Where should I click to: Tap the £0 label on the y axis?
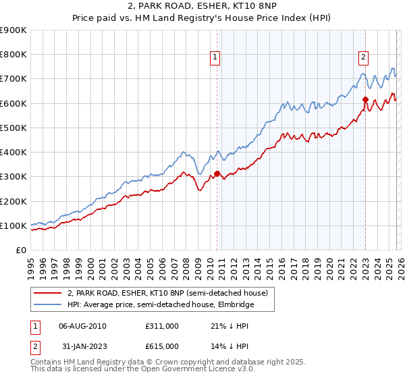click(20, 250)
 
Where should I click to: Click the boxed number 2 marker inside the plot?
click(363, 57)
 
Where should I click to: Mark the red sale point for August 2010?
click(217, 173)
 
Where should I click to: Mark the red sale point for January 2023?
click(365, 100)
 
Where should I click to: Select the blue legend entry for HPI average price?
click(162, 305)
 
